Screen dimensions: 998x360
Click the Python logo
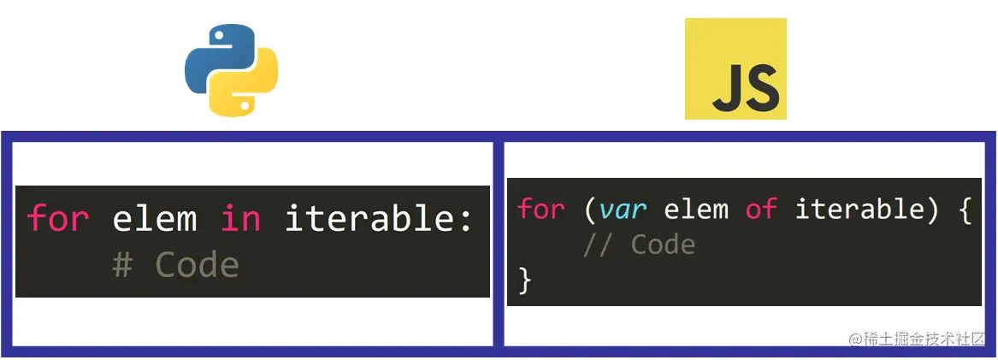(x=231, y=70)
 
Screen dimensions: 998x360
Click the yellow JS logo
(x=735, y=69)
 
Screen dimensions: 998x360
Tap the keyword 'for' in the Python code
(x=58, y=219)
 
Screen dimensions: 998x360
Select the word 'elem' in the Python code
(x=155, y=219)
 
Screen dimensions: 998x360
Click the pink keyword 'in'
(x=240, y=219)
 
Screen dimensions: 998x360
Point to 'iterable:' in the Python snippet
(x=379, y=219)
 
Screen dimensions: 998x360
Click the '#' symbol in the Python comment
(x=122, y=265)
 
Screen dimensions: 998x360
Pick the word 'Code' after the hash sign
(x=197, y=265)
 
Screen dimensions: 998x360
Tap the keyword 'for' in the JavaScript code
(x=540, y=210)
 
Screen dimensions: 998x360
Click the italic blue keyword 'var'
(x=622, y=210)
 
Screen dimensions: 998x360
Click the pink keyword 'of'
(x=760, y=210)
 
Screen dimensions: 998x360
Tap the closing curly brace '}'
(x=525, y=280)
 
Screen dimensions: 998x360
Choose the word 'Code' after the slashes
(x=663, y=245)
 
